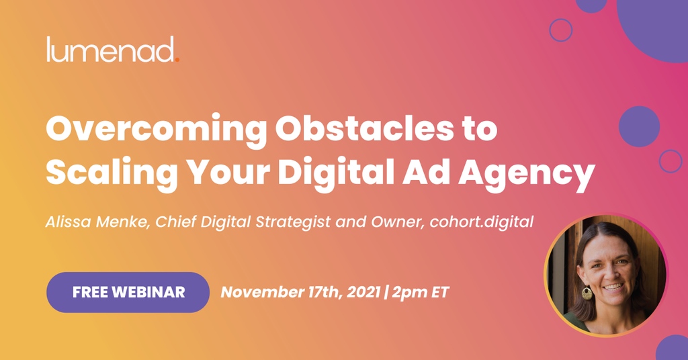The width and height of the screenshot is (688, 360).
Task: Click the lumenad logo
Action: click(x=112, y=50)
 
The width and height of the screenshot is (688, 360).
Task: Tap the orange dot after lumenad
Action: click(x=177, y=59)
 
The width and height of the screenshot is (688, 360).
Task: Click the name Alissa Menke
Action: click(x=97, y=222)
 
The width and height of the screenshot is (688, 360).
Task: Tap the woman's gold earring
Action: click(x=587, y=294)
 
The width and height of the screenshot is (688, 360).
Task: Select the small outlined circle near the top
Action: click(x=560, y=30)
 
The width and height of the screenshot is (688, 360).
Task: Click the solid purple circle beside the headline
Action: click(x=639, y=126)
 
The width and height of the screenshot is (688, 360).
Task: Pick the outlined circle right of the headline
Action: click(x=671, y=161)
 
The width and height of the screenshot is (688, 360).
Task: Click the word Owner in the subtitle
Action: click(x=398, y=222)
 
